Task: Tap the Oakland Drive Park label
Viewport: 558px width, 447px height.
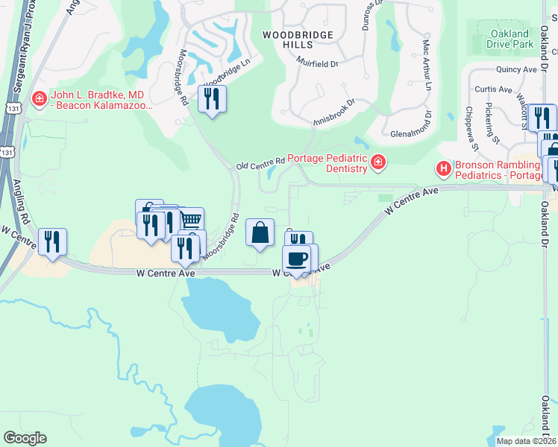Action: click(510, 39)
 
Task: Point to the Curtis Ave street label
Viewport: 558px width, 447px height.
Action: click(494, 89)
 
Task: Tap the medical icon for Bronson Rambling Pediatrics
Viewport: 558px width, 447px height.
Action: click(445, 169)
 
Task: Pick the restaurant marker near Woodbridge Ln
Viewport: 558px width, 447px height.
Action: click(212, 98)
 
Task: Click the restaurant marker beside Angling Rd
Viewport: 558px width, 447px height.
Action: click(52, 241)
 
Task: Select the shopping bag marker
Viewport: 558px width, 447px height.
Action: click(260, 232)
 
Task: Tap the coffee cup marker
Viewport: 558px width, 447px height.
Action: click(297, 258)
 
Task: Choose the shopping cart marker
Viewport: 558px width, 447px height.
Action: click(192, 221)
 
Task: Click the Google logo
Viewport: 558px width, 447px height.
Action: click(25, 438)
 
